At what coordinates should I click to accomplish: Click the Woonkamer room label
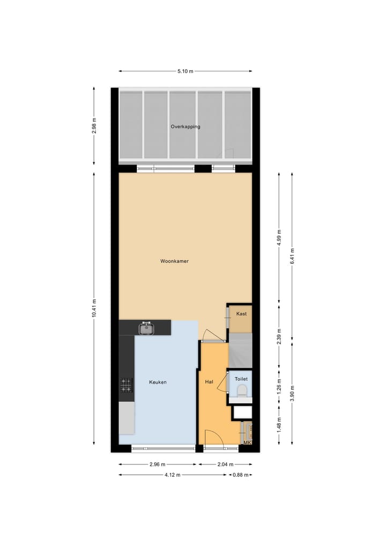[174, 261]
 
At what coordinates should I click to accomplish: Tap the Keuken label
[158, 382]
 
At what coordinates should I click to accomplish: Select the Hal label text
[209, 382]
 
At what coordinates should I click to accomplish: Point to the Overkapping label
[185, 127]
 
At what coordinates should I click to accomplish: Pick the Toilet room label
[241, 379]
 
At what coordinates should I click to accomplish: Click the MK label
[247, 442]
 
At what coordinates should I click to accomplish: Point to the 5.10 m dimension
[185, 71]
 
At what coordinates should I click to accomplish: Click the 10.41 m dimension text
[94, 308]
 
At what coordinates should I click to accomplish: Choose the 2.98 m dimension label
[94, 126]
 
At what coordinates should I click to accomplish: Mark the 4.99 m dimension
[279, 238]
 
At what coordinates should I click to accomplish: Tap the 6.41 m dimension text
[292, 255]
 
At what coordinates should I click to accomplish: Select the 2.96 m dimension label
[157, 464]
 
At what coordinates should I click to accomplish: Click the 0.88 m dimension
[241, 475]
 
